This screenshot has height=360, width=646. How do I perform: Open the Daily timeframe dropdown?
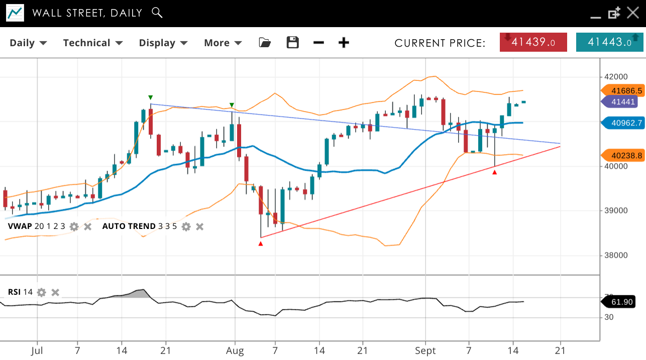pos(28,43)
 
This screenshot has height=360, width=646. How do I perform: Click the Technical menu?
pos(92,43)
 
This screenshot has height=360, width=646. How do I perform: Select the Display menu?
pos(163,43)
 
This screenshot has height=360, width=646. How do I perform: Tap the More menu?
pos(223,43)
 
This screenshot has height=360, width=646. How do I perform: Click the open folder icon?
pos(265,43)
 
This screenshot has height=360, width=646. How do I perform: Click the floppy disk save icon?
pos(292,43)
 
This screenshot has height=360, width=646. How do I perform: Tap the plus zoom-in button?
pos(344,43)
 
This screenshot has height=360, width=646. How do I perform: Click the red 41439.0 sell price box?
pos(533,42)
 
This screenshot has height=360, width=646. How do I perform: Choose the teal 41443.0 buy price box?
pos(609,42)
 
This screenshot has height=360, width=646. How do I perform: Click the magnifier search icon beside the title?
pos(157,13)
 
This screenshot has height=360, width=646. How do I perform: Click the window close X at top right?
pos(633,13)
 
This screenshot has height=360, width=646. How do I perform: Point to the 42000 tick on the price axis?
pos(616,77)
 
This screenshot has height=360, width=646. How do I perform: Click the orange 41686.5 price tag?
pos(623,90)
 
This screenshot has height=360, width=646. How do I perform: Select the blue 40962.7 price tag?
pos(623,123)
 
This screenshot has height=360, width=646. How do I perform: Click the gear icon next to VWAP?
pos(74,226)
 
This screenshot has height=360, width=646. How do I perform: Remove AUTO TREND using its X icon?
pos(199,226)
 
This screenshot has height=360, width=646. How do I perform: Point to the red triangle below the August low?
pos(260,244)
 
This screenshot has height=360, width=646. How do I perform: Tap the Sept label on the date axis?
pos(425,350)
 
